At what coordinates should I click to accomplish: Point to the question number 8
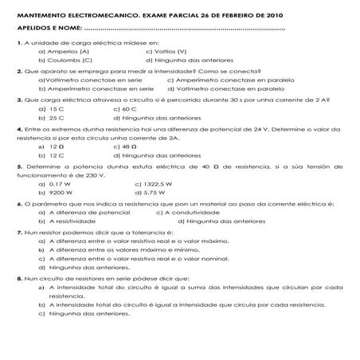pos(19,300)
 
